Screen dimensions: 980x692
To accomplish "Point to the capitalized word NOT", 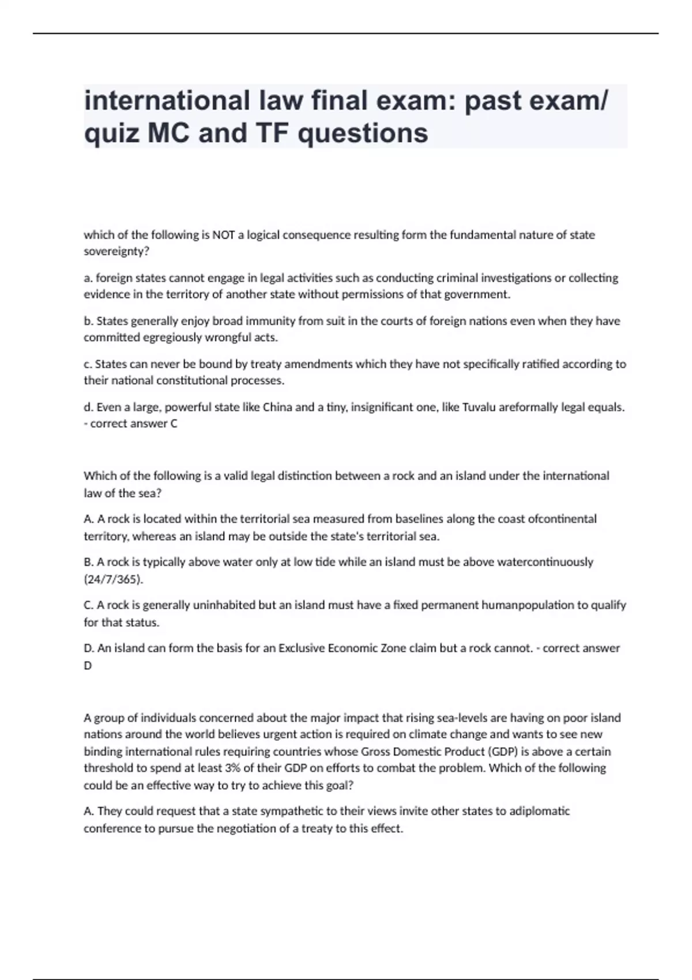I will [224, 235].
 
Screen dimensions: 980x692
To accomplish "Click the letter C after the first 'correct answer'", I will [174, 424].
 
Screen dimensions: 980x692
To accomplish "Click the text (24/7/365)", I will [114, 579].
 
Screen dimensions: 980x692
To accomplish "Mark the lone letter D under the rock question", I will [88, 665].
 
